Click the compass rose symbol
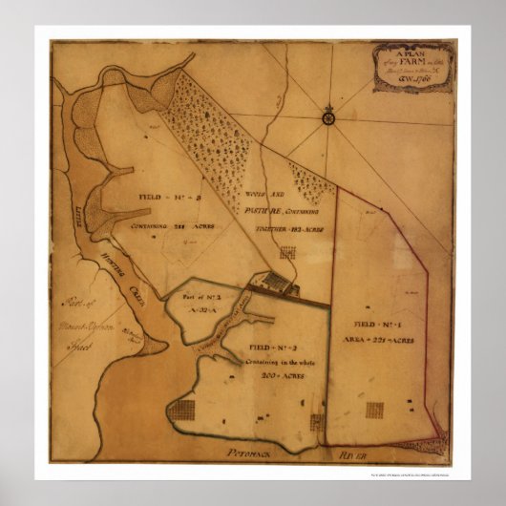tap(328, 117)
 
